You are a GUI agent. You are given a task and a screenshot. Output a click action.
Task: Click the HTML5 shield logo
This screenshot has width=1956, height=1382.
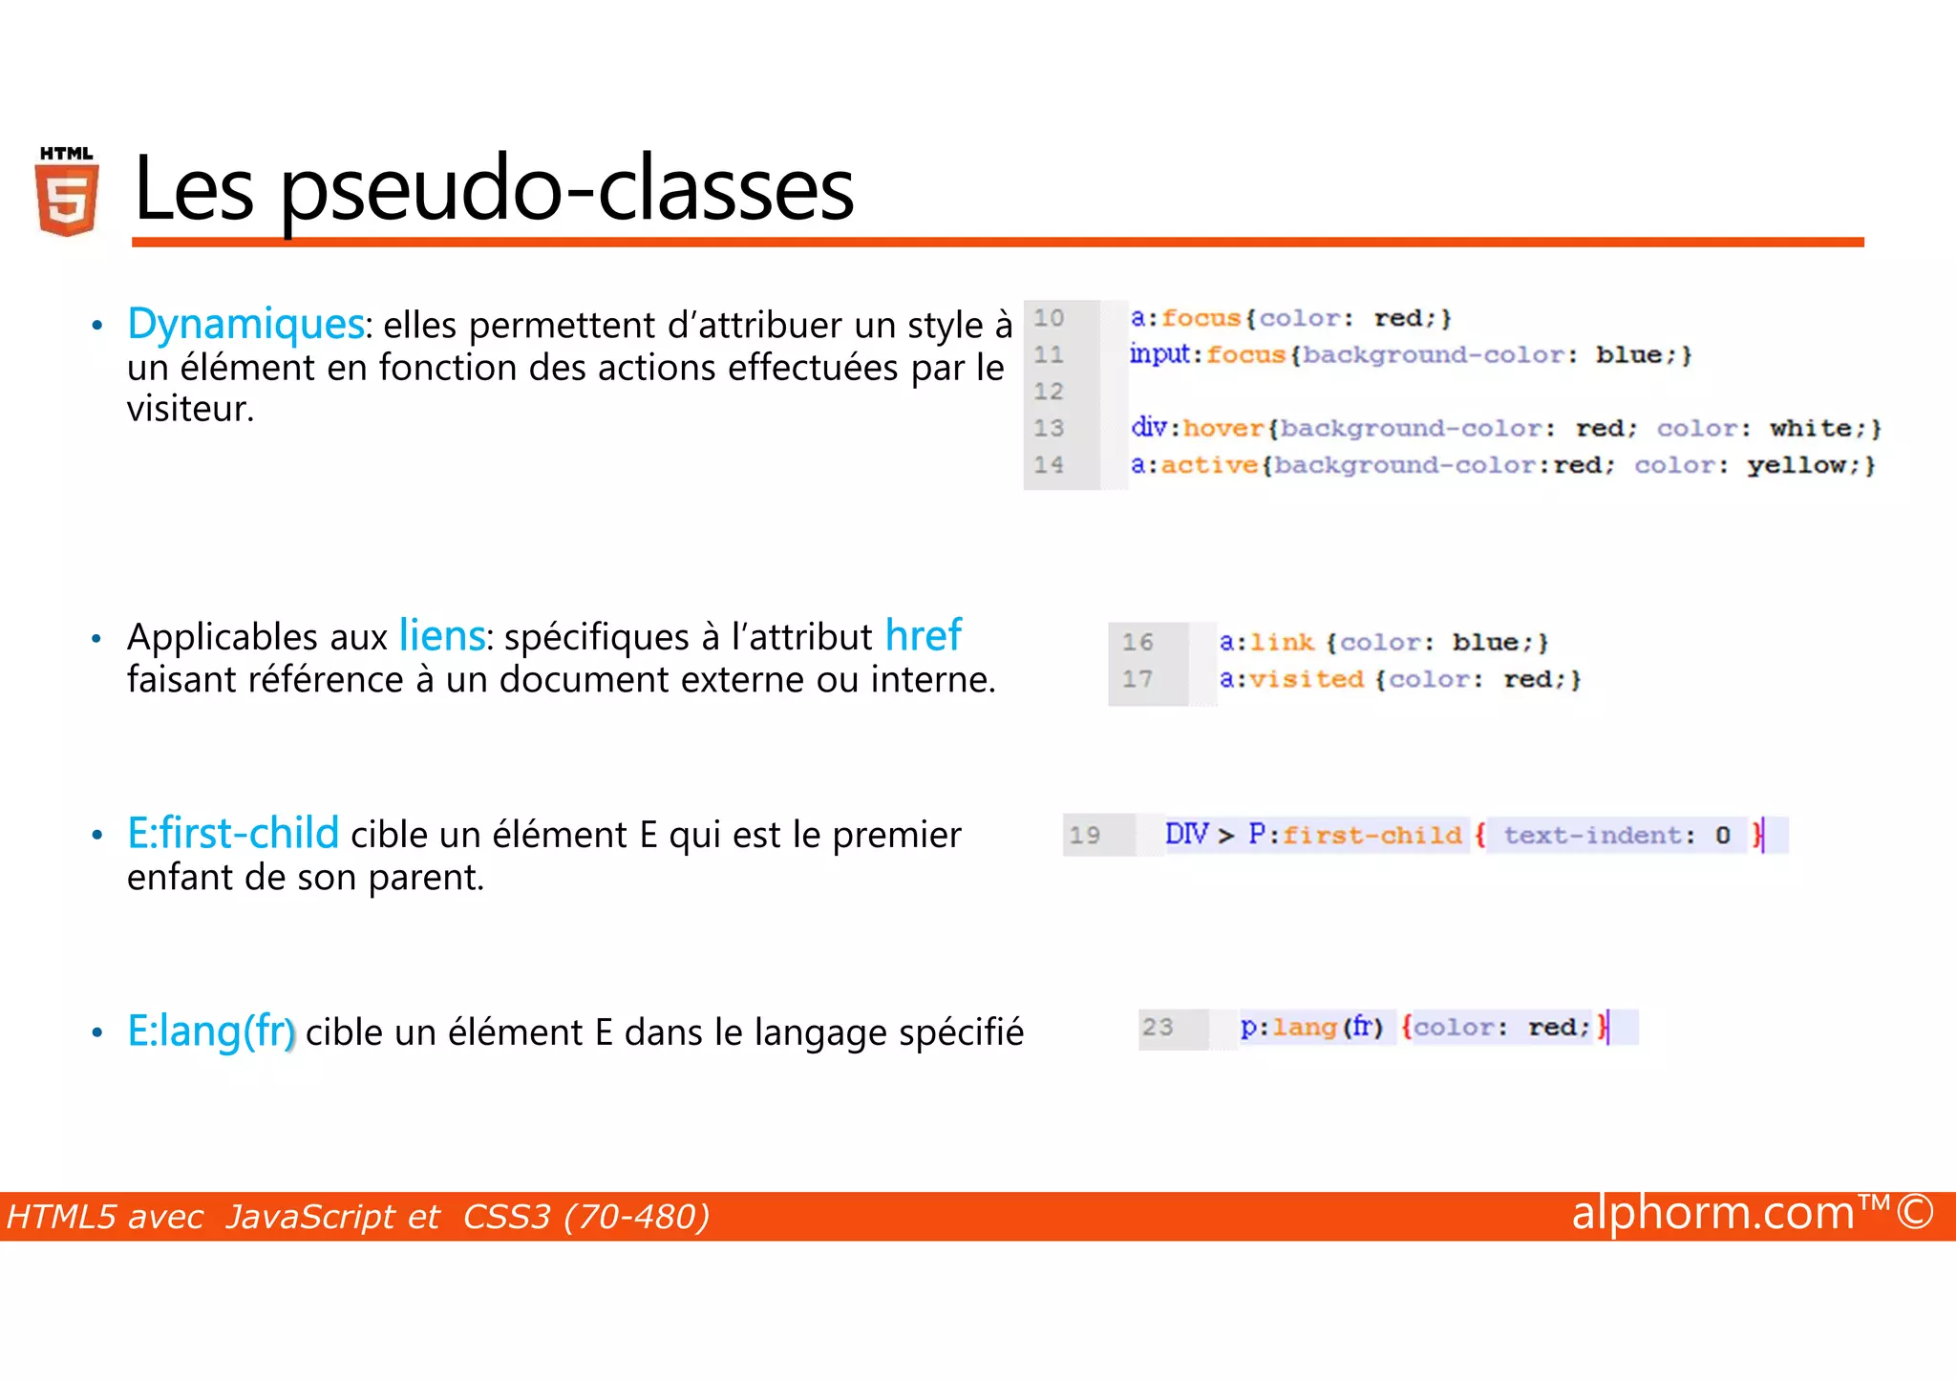(67, 192)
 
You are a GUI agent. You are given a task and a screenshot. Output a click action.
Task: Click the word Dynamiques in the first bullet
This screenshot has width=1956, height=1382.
(245, 324)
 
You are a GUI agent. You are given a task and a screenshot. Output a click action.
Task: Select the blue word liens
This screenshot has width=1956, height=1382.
(442, 635)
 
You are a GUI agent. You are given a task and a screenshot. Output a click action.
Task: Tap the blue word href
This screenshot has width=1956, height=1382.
(923, 635)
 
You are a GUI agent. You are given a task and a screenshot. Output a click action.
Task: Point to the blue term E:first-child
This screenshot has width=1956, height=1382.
(233, 833)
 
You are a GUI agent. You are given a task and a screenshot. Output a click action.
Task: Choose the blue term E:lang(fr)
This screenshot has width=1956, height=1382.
(211, 1031)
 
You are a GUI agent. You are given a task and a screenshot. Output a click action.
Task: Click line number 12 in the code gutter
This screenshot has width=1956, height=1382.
(1049, 392)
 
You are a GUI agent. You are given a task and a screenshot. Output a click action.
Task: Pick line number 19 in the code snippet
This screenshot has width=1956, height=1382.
(1085, 836)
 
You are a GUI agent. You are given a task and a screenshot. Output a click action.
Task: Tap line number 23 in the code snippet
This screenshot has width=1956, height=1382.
(1158, 1028)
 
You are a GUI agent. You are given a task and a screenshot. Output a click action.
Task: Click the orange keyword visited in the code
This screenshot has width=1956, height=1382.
(1307, 679)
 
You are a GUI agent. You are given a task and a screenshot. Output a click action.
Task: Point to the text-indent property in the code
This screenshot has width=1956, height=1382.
(1592, 836)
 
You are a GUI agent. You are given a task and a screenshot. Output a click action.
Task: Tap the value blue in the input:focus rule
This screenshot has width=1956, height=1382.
(1628, 355)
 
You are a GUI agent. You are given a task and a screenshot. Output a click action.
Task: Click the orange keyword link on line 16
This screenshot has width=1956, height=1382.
(1282, 643)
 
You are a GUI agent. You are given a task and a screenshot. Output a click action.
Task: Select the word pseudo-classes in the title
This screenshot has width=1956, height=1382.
(566, 189)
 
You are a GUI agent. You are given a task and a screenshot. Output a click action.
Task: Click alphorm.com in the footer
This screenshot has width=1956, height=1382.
(1712, 1213)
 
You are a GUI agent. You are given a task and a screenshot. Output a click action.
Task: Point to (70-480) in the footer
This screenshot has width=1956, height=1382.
(636, 1217)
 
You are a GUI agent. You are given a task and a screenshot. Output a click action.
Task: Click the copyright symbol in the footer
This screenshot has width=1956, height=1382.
(1915, 1212)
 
